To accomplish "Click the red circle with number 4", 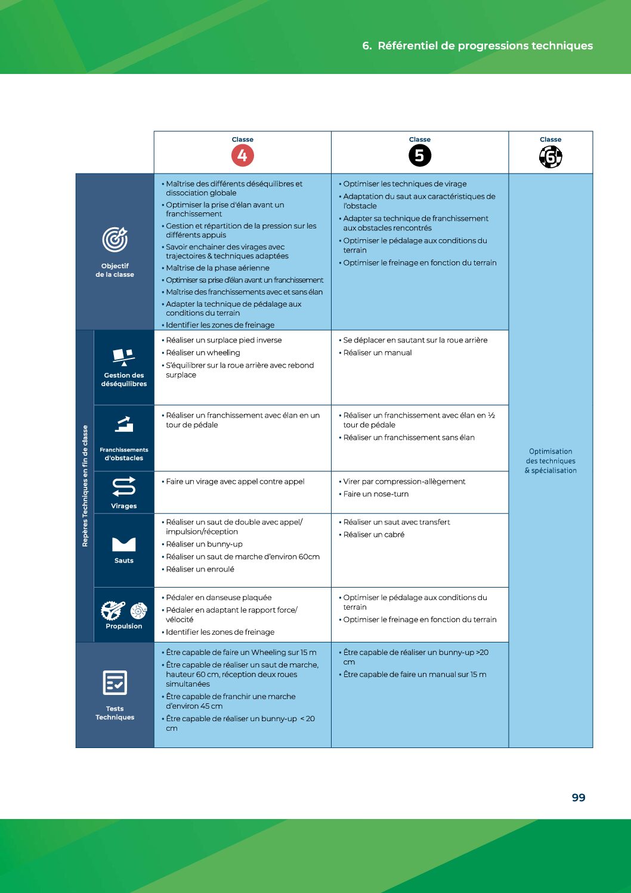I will point(242,156).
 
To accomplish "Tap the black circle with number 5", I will point(420,156).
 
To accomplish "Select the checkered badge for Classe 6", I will point(550,157).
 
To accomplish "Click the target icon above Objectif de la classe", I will point(115,240).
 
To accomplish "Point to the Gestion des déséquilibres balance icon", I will point(123,357).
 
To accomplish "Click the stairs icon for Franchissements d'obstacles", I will point(124,425).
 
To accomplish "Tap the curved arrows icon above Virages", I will point(124,487).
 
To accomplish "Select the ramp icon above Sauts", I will point(124,543).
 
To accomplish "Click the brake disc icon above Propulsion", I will point(138,610).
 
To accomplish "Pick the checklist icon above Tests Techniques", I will point(115,683).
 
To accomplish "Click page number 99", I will point(579,798).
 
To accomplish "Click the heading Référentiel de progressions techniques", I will point(485,46).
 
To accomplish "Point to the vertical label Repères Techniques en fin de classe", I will point(85,486).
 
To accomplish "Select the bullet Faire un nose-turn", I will point(376,494).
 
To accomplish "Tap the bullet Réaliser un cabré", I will point(373,534).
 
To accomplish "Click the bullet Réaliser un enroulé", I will point(200,569).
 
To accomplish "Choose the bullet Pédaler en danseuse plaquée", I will point(218,597).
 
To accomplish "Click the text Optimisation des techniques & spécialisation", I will point(550,461).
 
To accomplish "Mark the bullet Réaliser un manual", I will point(377,353).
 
